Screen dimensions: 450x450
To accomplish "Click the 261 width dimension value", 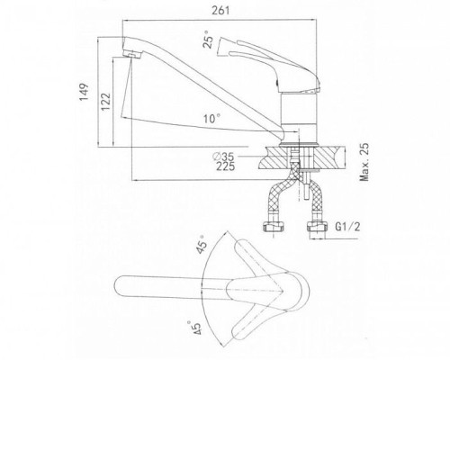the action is point(220,11).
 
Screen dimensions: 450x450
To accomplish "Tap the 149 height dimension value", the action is point(85,92).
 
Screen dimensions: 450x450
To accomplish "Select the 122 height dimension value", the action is point(105,102).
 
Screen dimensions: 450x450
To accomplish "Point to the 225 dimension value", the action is point(226,166).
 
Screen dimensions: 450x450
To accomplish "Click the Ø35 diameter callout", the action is point(223,157).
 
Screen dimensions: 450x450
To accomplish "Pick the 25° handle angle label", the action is point(208,40).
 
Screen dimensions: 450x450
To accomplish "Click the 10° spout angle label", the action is point(212,119).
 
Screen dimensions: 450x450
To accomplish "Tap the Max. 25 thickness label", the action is point(364,162).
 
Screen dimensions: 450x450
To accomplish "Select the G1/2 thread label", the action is point(347,227).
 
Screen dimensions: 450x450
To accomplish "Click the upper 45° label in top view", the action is point(202,245).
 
